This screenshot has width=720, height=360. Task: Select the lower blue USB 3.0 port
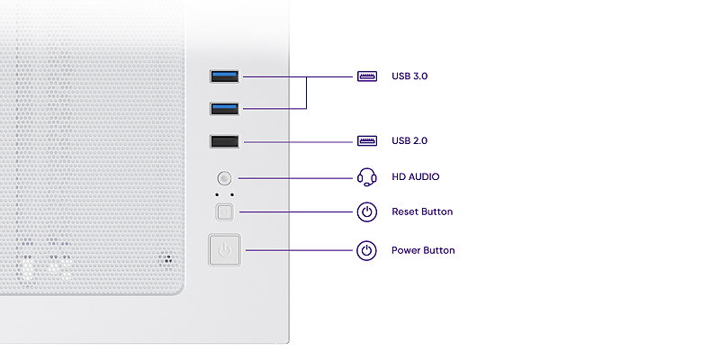[224, 109]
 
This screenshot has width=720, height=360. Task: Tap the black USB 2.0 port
[224, 141]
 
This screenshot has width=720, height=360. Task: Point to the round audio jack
[225, 178]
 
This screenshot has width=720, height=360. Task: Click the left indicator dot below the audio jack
[216, 194]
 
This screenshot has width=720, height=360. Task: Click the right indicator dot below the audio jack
[233, 194]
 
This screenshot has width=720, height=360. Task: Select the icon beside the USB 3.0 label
[366, 76]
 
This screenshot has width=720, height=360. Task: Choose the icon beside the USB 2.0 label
[366, 141]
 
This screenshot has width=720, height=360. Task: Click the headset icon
[366, 176]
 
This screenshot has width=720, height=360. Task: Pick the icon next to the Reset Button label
[366, 212]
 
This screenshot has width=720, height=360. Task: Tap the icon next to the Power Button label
[366, 250]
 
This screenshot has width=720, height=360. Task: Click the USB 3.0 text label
[409, 76]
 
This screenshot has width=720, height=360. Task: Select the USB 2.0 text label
[409, 141]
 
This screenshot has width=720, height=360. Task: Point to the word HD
[399, 177]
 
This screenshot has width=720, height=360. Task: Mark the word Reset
[405, 212]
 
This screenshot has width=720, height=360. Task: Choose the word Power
[406, 250]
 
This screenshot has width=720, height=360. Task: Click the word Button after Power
[439, 250]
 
